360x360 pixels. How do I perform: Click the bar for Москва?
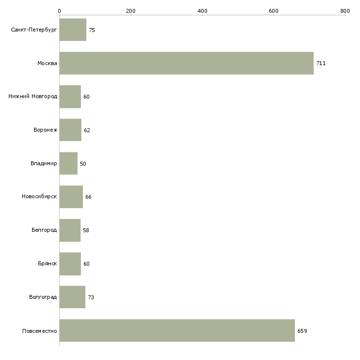click(x=186, y=63)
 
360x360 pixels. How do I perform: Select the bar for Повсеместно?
click(x=177, y=330)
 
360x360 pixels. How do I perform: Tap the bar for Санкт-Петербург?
click(x=73, y=30)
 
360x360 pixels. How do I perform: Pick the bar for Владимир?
click(x=69, y=163)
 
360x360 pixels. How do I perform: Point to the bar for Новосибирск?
click(x=71, y=197)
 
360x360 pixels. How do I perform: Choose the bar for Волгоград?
click(x=72, y=297)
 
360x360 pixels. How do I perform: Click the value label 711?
click(x=321, y=63)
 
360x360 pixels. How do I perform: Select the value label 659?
click(x=302, y=331)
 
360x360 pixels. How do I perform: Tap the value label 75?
click(x=92, y=30)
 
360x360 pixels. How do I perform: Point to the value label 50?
click(x=83, y=164)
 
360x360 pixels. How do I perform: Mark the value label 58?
click(x=86, y=230)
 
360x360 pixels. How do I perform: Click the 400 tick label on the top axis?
click(x=202, y=10)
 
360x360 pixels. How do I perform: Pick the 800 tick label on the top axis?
click(x=345, y=10)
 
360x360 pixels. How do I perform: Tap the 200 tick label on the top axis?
click(x=131, y=10)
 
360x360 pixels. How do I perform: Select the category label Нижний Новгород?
click(x=33, y=96)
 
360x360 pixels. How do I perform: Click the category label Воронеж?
click(x=45, y=130)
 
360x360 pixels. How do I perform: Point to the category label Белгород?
click(x=44, y=230)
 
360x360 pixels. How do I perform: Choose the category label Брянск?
click(x=47, y=263)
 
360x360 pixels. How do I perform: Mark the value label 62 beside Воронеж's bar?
click(x=87, y=130)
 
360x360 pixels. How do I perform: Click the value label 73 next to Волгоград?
click(x=91, y=297)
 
